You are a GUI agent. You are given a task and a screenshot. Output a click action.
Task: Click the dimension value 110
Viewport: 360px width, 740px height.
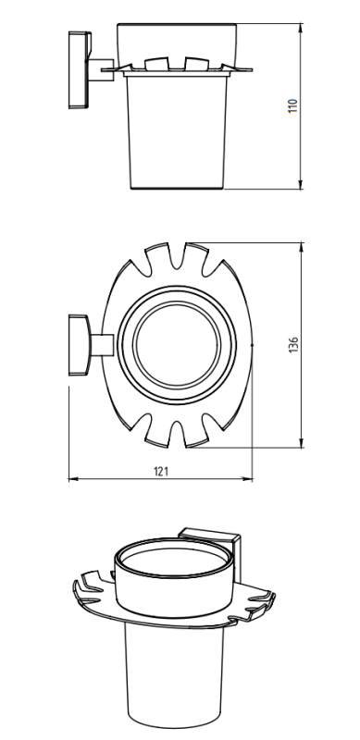[293, 105]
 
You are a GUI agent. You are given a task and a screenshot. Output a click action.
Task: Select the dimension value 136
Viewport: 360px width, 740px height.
[293, 345]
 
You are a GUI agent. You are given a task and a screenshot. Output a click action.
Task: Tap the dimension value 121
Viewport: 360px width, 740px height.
[161, 471]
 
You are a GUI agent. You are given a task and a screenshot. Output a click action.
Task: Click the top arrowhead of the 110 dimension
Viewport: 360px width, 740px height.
[301, 28]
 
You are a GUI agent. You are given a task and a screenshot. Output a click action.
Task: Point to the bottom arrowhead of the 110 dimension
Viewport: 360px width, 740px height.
[301, 185]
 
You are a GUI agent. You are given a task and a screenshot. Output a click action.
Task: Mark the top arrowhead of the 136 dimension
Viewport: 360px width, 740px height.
[301, 247]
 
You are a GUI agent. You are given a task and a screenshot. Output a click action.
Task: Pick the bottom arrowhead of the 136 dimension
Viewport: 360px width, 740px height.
[301, 443]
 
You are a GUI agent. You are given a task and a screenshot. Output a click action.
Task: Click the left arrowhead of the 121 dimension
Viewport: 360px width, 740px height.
[73, 479]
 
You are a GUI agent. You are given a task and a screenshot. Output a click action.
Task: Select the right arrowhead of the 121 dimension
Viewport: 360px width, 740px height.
[248, 479]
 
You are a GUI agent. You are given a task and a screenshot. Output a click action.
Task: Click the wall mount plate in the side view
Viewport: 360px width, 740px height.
[80, 70]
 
